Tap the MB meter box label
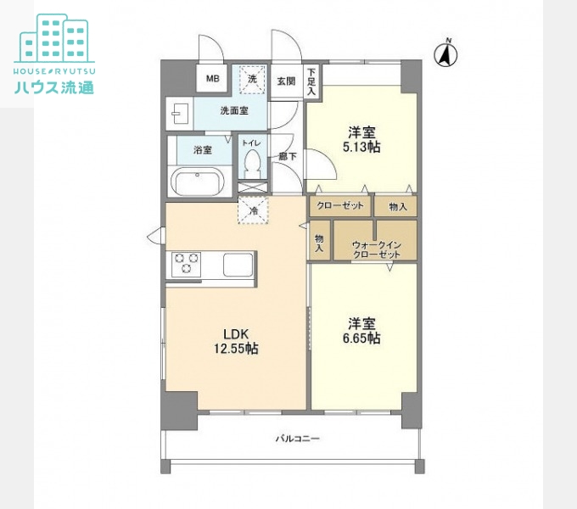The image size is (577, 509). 213,78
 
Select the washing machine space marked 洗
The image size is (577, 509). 253,80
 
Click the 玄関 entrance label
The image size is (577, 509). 286,81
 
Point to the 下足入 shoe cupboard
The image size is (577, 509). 311,81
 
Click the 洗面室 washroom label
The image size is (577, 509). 234,110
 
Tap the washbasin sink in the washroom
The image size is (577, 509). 180,114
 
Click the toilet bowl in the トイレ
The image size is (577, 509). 253,163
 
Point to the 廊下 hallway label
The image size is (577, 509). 288,156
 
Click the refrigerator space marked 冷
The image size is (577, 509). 253,210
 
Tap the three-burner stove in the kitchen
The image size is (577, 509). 186,264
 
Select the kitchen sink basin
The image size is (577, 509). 238,265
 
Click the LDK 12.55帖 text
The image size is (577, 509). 236,341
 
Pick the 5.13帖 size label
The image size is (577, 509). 361,147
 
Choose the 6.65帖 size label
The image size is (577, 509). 361,338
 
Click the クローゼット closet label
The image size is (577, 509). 340,205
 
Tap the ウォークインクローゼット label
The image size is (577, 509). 377,249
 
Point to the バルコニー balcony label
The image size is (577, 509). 298,439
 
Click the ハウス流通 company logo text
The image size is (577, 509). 54,87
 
